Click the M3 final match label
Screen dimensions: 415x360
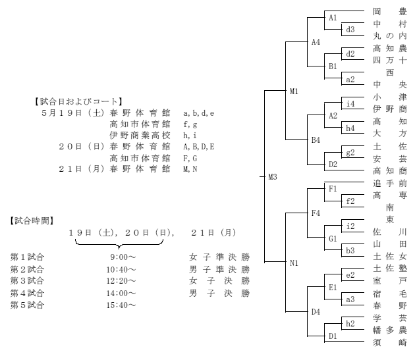click(273, 176)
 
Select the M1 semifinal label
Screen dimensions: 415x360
click(294, 91)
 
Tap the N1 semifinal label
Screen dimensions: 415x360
click(294, 263)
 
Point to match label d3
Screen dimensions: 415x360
click(350, 30)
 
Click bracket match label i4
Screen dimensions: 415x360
click(350, 104)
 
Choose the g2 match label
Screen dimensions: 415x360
click(350, 153)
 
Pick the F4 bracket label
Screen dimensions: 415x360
click(316, 213)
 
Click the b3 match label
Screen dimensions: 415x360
click(350, 251)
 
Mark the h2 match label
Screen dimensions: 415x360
click(350, 324)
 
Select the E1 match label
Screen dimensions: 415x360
click(333, 287)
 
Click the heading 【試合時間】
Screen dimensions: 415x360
click(32, 220)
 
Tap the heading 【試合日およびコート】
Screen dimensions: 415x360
click(78, 101)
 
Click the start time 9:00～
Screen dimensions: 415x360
click(123, 257)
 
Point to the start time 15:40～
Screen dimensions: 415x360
click(121, 305)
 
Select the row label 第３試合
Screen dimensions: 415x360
click(27, 280)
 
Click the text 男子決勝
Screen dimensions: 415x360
click(219, 293)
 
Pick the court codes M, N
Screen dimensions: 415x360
click(190, 169)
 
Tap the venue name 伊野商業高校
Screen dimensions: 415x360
click(140, 136)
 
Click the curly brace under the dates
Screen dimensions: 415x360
click(119, 244)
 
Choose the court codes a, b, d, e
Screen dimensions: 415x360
click(199, 113)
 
